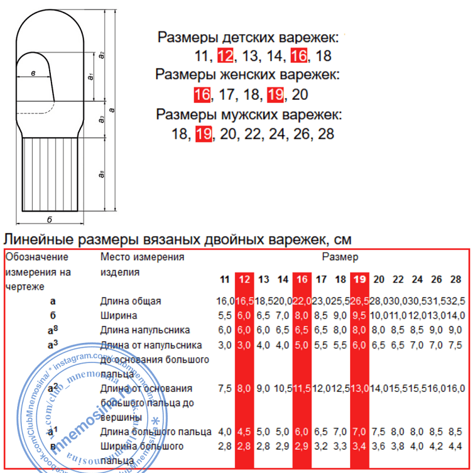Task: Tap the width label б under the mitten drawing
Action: (50, 219)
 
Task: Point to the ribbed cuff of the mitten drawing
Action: (50, 174)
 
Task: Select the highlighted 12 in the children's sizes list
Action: (225, 57)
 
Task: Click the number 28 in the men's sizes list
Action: (326, 134)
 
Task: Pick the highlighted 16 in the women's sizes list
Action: (202, 95)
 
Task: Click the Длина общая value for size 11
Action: (225, 302)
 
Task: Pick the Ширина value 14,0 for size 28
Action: (456, 316)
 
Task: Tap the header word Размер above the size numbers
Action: (340, 257)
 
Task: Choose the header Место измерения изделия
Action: (142, 264)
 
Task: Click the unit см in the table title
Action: (342, 239)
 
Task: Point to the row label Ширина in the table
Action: (119, 316)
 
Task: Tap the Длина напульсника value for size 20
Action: (379, 330)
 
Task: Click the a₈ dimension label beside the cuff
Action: (102, 174)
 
